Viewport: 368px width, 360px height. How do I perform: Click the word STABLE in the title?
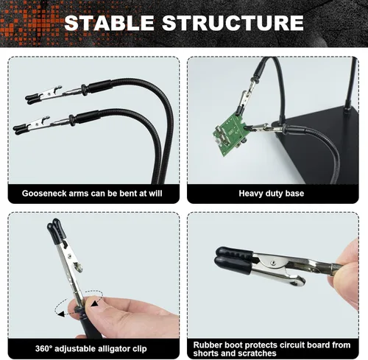point(109,23)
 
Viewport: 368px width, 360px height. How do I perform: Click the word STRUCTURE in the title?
point(233,23)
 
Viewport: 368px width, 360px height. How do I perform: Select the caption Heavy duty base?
point(272,194)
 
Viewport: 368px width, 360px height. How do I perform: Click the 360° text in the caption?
point(43,348)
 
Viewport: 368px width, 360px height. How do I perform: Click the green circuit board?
point(230,135)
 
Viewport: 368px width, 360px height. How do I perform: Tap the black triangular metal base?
point(319,145)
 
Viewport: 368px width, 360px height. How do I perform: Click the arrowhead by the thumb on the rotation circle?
point(94,304)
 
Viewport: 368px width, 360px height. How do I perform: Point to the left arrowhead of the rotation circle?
point(61,314)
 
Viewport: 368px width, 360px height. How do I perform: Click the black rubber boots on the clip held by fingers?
point(233,260)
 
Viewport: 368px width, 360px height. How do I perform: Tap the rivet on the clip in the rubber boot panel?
point(272,263)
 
